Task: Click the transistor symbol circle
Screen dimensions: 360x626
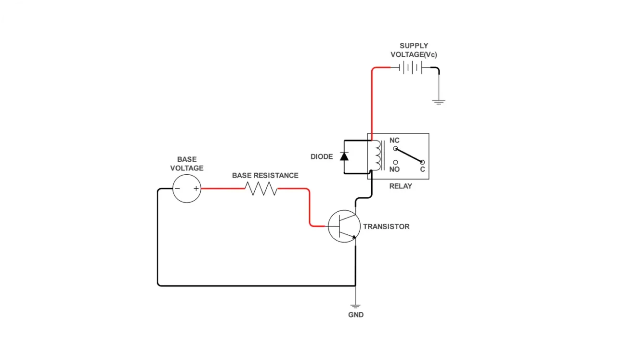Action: pos(344,226)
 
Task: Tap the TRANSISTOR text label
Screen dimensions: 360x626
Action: pos(386,227)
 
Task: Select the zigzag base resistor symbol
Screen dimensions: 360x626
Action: pos(261,189)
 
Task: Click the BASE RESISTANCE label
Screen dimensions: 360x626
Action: pos(265,176)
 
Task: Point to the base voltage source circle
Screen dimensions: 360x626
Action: pos(186,189)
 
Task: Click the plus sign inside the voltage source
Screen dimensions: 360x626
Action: pos(196,189)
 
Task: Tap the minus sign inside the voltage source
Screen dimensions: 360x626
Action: pos(177,189)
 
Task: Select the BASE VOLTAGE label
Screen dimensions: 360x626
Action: pos(187,164)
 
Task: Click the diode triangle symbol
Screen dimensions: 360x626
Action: pos(344,156)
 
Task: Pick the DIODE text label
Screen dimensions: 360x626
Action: pos(322,157)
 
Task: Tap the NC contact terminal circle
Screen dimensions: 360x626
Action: pos(396,149)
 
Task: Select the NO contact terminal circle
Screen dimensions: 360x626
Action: pos(396,163)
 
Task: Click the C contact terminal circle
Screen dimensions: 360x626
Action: pos(422,162)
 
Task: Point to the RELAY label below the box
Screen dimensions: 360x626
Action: pos(400,186)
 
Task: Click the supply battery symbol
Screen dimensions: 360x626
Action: pos(410,68)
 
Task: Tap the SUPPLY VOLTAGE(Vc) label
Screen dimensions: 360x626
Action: pos(414,50)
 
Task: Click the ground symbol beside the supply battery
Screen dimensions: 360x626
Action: pos(438,102)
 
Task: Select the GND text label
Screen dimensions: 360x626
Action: pos(356,315)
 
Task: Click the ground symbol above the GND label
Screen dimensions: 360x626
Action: pos(355,306)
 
